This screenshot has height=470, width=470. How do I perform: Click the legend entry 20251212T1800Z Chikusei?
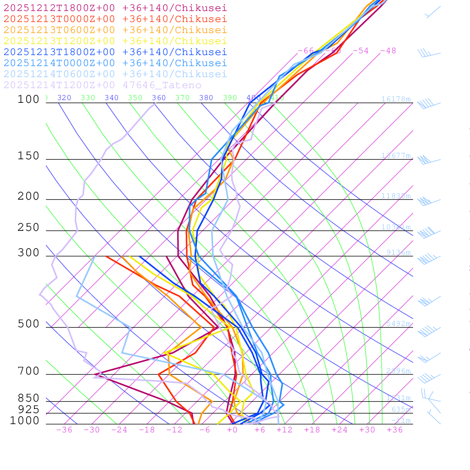tap(115, 8)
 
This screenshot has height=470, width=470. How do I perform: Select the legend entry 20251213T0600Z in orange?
tap(115, 30)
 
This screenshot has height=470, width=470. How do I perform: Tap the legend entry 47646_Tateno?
tap(102, 85)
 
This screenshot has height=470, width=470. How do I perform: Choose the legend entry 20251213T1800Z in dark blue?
tap(115, 52)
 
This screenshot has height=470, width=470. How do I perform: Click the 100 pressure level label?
tap(28, 99)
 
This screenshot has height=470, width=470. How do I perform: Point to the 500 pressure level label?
tap(28, 324)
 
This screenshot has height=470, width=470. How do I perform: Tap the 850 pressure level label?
tap(28, 398)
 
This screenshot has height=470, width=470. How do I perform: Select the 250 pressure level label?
tap(28, 228)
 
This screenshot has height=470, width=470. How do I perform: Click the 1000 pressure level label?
tap(25, 420)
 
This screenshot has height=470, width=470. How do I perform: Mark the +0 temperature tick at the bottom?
tap(232, 430)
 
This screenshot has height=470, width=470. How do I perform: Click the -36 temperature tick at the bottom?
tap(64, 430)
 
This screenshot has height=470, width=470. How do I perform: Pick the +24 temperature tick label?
tap(340, 430)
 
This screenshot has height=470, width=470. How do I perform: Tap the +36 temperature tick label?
tap(395, 430)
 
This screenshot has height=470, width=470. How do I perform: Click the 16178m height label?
tap(396, 99)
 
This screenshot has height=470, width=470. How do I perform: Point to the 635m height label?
tap(401, 409)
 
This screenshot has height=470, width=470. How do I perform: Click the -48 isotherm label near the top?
tap(388, 50)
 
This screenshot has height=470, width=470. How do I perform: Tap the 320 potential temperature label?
tap(64, 98)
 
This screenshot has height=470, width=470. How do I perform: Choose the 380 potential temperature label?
tap(206, 98)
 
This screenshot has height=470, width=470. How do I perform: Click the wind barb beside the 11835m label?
tap(425, 201)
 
